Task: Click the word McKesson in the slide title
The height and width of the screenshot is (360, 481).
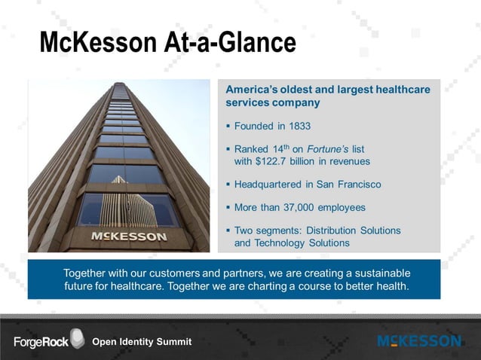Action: (97, 42)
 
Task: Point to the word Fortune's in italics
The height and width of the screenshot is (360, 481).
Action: (329, 149)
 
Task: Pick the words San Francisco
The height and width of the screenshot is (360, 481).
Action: (348, 185)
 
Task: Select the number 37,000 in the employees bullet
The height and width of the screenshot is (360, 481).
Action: (305, 207)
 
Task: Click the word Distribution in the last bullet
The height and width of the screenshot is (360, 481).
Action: (330, 230)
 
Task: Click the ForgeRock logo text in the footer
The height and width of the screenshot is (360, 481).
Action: (40, 343)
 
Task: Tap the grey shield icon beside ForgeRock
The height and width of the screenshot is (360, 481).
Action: (77, 339)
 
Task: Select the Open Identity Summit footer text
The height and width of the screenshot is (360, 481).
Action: (142, 343)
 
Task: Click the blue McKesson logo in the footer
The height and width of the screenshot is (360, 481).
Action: (419, 342)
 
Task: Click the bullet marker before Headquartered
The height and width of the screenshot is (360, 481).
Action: (228, 185)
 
